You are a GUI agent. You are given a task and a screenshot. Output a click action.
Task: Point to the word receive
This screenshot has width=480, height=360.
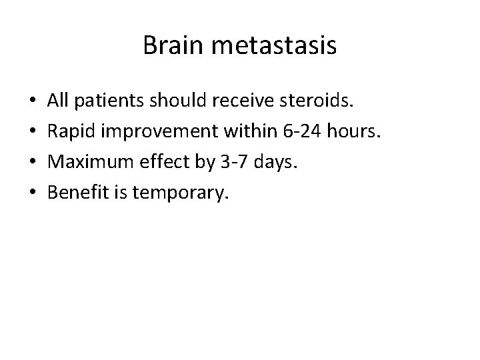point(239,101)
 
